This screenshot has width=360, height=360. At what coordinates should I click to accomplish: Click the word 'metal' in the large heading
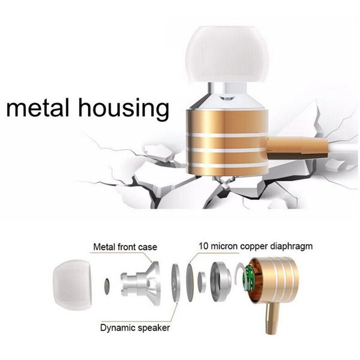coord(38,107)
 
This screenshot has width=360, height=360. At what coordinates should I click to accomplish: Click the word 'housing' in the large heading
coord(124,109)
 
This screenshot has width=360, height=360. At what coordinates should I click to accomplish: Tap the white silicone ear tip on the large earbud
coord(227,55)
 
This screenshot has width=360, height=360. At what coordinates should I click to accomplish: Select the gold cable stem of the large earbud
coord(298,148)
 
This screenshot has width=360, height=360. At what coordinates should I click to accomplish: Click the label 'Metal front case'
coord(125,247)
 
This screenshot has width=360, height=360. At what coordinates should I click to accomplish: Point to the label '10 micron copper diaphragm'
coord(256,246)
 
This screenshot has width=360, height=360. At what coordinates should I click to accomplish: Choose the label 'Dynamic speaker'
coord(135,328)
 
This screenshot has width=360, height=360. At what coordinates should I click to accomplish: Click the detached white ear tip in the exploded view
coord(73,285)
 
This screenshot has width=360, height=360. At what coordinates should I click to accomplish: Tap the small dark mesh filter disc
coord(107,287)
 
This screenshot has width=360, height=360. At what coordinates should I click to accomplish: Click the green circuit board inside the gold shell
coord(249,278)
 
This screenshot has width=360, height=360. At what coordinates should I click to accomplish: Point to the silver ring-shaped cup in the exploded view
coord(220,281)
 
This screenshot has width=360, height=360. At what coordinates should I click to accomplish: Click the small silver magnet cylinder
coord(202,282)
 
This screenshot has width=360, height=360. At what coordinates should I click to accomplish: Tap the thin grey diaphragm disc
coord(190,283)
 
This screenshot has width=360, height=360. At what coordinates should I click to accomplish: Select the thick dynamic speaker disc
coord(176,283)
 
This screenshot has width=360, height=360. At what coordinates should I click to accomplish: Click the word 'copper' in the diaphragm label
coord(254,247)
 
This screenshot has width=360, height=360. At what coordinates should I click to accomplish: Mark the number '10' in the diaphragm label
coord(203,246)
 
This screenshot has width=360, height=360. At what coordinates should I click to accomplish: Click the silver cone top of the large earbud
coord(227,99)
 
